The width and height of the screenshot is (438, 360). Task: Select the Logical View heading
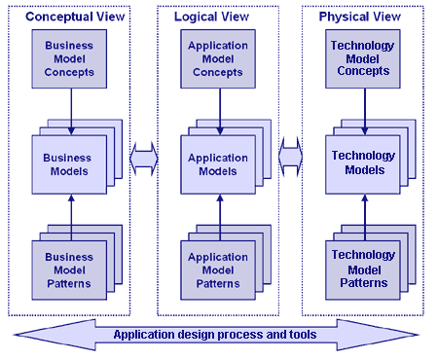coord(218,18)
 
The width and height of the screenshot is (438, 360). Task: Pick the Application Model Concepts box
coord(218,56)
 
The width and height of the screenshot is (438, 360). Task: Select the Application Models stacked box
coord(218,164)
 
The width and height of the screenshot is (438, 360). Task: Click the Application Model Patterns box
coord(218,270)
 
